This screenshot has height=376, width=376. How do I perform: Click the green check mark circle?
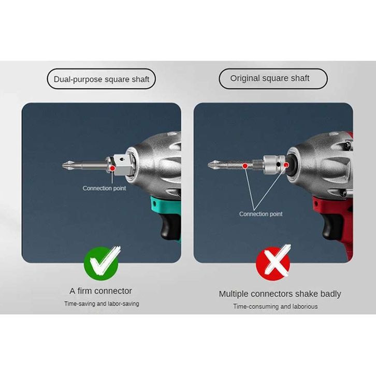[101, 264]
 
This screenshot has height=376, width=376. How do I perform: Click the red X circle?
[273, 264]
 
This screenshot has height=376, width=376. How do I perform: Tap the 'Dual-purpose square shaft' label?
[101, 79]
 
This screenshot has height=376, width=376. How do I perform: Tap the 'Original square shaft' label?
[273, 78]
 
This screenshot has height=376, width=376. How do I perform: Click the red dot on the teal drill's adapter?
[112, 168]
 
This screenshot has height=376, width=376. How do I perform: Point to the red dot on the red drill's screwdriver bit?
[245, 166]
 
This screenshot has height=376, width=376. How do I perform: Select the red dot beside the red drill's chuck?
[286, 165]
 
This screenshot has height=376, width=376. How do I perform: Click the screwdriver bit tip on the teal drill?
[64, 165]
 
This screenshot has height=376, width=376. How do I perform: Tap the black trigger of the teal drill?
[168, 225]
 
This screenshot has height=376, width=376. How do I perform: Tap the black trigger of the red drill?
[330, 225]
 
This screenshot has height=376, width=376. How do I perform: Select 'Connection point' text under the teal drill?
[104, 188]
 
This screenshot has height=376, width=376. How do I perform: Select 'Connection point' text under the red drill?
[261, 214]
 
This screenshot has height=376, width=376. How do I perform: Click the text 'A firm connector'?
[100, 291]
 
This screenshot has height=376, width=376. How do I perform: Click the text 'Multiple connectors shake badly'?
[280, 294]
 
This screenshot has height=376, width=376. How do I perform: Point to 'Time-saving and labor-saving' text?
[102, 303]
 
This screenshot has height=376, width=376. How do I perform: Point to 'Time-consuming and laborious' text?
[276, 307]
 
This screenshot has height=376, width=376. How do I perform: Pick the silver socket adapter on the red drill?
[274, 165]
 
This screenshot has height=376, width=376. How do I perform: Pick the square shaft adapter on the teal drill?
[122, 165]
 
